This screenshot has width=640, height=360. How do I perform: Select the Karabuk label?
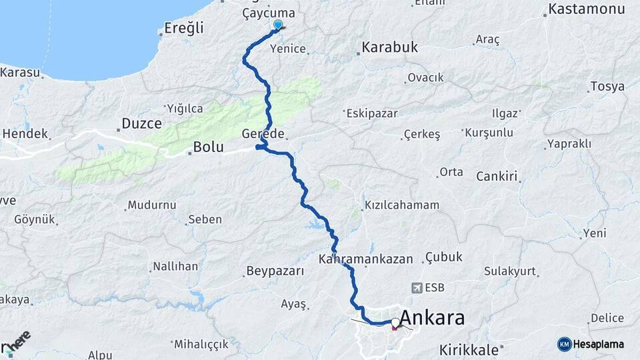(389, 47)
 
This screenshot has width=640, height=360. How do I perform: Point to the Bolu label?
(207, 147)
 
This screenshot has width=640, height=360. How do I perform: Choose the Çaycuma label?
(269, 13)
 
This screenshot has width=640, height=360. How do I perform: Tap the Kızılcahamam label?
(402, 205)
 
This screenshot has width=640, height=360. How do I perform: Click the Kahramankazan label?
(366, 259)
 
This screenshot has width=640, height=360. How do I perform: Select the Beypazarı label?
(275, 271)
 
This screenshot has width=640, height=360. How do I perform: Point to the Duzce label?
(141, 123)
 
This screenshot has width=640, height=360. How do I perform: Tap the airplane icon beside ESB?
(418, 288)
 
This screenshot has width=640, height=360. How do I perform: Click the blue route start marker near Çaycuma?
(278, 25)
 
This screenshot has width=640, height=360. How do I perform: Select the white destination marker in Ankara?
(396, 323)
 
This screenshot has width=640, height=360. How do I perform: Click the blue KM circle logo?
(564, 344)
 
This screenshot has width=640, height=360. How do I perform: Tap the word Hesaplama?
(599, 345)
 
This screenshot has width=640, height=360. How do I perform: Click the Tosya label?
(607, 87)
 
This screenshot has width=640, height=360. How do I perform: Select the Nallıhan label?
(175, 267)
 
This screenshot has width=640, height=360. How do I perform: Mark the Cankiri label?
(497, 177)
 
